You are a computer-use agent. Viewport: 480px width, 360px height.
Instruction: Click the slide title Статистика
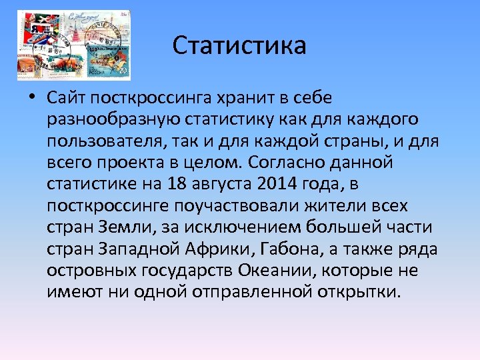coord(239,46)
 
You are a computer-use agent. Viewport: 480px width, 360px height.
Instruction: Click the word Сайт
coord(67,99)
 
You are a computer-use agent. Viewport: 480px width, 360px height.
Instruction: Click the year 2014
coord(277,185)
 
